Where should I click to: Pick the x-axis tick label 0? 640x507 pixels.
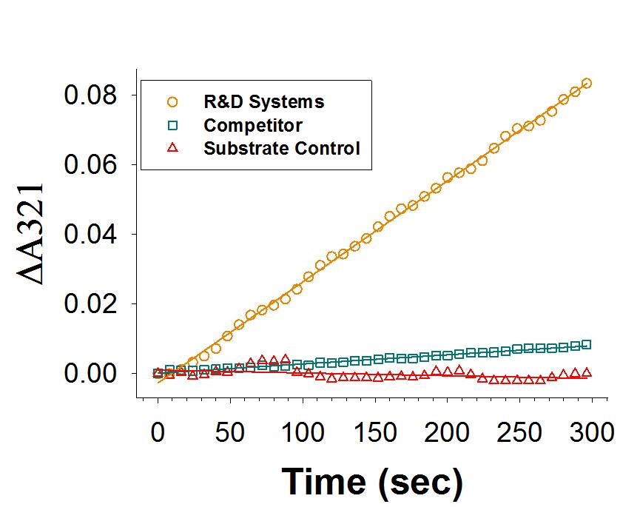pyautogui.click(x=158, y=432)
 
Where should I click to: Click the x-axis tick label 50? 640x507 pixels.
pyautogui.click(x=229, y=432)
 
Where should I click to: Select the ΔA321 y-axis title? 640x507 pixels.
pyautogui.click(x=33, y=234)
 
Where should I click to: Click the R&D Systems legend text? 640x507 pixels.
pyautogui.click(x=264, y=101)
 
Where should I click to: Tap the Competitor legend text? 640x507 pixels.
pyautogui.click(x=253, y=124)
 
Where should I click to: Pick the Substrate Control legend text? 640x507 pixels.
pyautogui.click(x=282, y=148)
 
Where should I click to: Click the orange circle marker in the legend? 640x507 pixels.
pyautogui.click(x=172, y=101)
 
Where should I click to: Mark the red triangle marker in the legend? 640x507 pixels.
pyautogui.click(x=172, y=148)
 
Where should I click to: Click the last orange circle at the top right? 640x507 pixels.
pyautogui.click(x=586, y=84)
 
